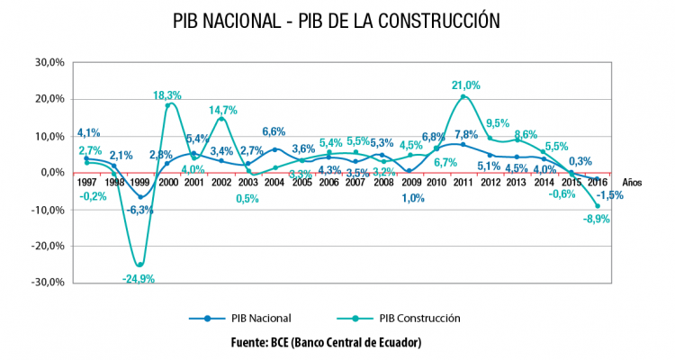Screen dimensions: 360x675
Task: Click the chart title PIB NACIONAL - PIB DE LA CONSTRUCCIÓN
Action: (337, 20)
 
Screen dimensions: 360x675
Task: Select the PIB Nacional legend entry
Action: (254, 318)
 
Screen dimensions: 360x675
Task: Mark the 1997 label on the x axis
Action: (86, 182)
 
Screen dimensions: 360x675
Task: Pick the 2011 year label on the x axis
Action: (463, 182)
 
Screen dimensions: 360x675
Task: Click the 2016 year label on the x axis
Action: (598, 182)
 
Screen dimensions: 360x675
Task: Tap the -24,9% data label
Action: (139, 279)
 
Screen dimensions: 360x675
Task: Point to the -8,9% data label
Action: (596, 219)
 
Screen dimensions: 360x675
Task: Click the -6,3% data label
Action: (139, 210)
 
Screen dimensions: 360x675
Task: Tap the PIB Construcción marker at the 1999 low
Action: (139, 265)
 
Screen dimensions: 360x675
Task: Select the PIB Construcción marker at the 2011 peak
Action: (463, 97)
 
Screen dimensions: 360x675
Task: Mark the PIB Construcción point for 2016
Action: (597, 205)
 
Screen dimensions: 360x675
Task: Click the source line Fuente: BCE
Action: (337, 343)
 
